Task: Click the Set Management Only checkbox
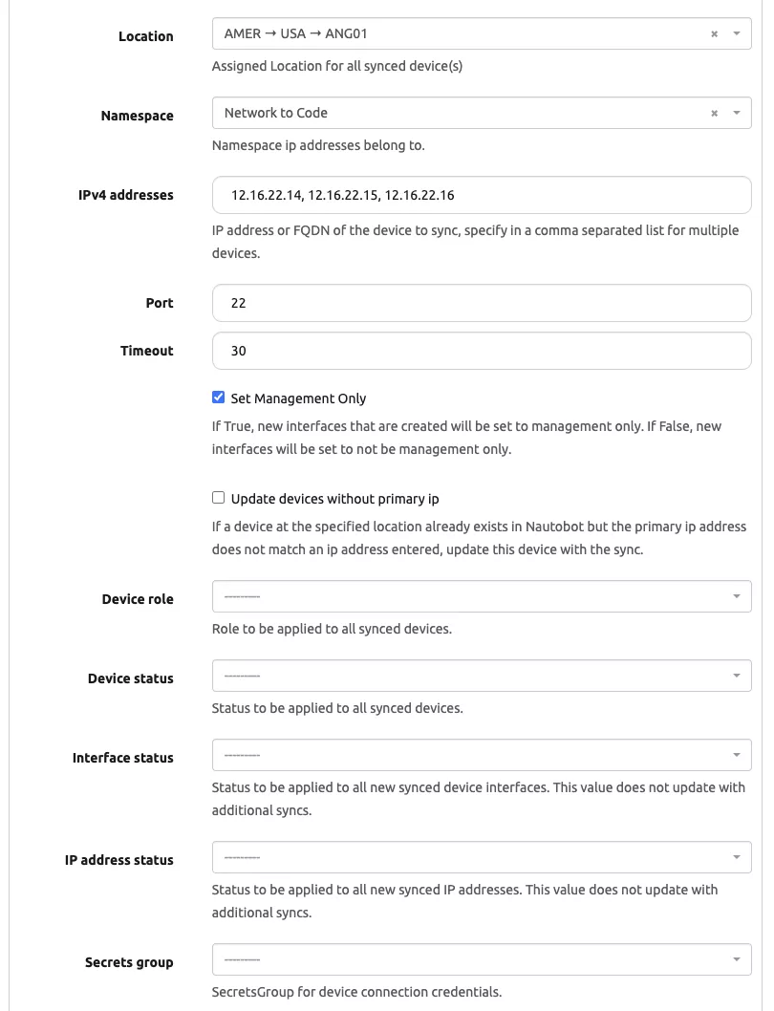point(219,398)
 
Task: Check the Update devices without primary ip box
point(219,498)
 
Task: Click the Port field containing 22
point(481,303)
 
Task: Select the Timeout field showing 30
point(481,351)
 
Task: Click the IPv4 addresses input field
point(481,195)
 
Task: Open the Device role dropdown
point(481,596)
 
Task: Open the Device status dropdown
point(481,676)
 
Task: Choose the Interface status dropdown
point(481,755)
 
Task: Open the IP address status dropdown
point(481,857)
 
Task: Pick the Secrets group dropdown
point(481,959)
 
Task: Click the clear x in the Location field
point(714,34)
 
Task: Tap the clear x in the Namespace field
point(714,114)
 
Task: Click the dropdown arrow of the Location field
point(736,34)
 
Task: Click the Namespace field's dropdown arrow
point(736,114)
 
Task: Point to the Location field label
point(145,36)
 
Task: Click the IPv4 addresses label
point(126,195)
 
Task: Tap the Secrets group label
point(129,962)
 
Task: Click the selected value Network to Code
point(276,113)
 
